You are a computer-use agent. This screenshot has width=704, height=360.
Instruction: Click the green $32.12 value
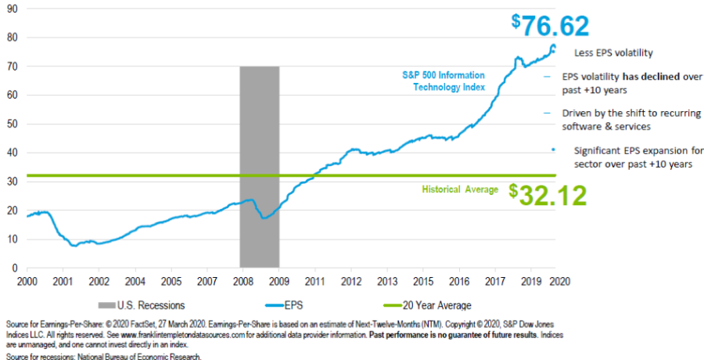coord(548,195)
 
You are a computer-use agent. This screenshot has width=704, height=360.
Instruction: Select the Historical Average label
coord(460,189)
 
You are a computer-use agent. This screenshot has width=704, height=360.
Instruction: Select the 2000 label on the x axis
coord(26,280)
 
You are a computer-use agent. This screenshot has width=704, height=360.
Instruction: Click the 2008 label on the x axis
coord(242,280)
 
